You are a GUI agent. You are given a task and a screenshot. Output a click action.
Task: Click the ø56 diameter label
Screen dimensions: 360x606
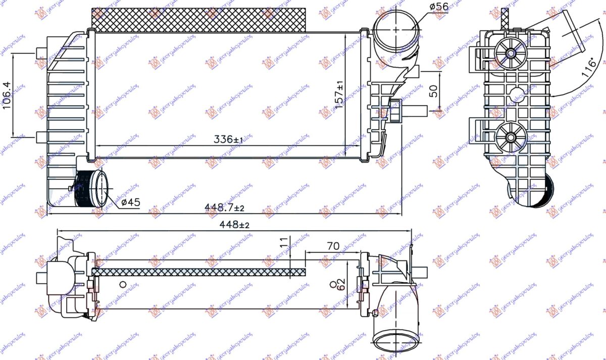coord(438,6)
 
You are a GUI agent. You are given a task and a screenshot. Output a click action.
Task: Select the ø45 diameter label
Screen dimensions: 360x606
coord(130,202)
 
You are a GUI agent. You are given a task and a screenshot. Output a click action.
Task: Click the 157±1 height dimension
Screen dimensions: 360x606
coord(340,93)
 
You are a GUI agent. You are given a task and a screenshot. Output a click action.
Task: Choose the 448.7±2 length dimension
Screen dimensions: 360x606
coord(224,208)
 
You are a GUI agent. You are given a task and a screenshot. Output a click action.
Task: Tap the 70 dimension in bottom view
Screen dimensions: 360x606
coord(333,246)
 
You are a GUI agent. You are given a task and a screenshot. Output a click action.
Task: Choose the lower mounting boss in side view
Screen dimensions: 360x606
coord(510,136)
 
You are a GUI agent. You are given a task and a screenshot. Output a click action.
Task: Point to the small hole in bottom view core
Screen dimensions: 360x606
coord(122,284)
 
